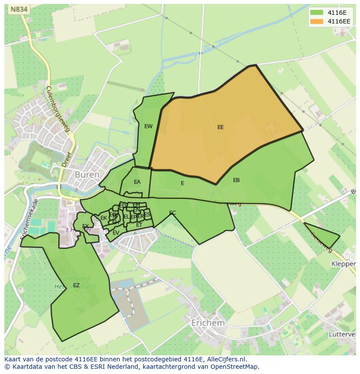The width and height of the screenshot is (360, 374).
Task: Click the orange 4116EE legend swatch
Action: pyautogui.click(x=317, y=21)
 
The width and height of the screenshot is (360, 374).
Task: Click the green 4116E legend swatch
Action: pyautogui.click(x=317, y=13)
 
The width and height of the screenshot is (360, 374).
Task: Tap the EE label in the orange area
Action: pyautogui.click(x=220, y=127)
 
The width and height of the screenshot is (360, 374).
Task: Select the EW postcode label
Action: pyautogui.click(x=148, y=126)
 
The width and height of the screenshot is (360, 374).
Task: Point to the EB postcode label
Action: pyautogui.click(x=236, y=180)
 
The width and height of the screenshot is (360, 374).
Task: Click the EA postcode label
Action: pyautogui.click(x=137, y=182)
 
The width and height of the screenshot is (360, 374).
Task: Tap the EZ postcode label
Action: pyautogui.click(x=76, y=285)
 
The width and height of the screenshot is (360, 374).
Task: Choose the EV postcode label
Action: pyautogui.click(x=116, y=233)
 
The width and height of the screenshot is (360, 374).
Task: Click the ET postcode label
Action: pyautogui.click(x=139, y=225)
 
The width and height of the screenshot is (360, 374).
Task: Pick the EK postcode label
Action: pyautogui.click(x=103, y=218)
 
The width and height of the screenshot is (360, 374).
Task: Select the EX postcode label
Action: pyautogui.click(x=85, y=226)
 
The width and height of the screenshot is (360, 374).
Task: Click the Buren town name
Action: pyautogui.click(x=87, y=175)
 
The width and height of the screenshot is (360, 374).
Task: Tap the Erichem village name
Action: pyautogui.click(x=208, y=323)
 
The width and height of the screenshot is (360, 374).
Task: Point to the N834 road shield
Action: pyautogui.click(x=18, y=9)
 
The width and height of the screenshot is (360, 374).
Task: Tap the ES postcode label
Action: pyautogui.click(x=147, y=215)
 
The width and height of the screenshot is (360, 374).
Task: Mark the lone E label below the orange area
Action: pyautogui.click(x=183, y=183)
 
